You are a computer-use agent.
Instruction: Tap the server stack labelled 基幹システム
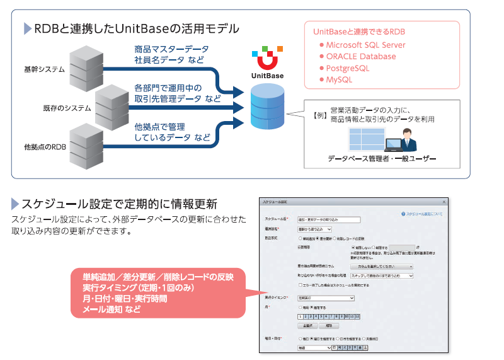pyautogui.click(x=84, y=66)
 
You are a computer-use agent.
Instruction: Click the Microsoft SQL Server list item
pyautogui.click(x=365, y=45)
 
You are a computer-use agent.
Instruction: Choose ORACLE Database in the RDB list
pyautogui.click(x=361, y=57)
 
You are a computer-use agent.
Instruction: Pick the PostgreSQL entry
pyautogui.click(x=347, y=68)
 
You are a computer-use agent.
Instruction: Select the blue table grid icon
pyautogui.click(x=365, y=141)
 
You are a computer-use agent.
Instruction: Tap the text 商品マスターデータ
pyautogui.click(x=171, y=49)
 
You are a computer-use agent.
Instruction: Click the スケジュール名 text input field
pyautogui.click(x=328, y=220)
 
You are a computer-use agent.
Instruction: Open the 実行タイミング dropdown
pyautogui.click(x=326, y=298)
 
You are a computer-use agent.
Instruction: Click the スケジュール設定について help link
pyautogui.click(x=421, y=214)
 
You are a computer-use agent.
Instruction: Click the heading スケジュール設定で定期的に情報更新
pyautogui.click(x=119, y=204)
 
